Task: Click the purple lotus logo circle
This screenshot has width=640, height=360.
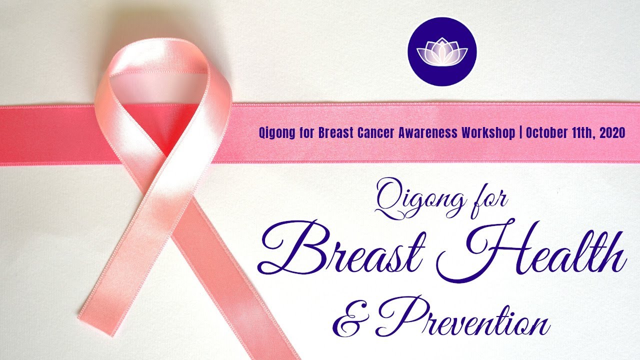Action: pos(442,51)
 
